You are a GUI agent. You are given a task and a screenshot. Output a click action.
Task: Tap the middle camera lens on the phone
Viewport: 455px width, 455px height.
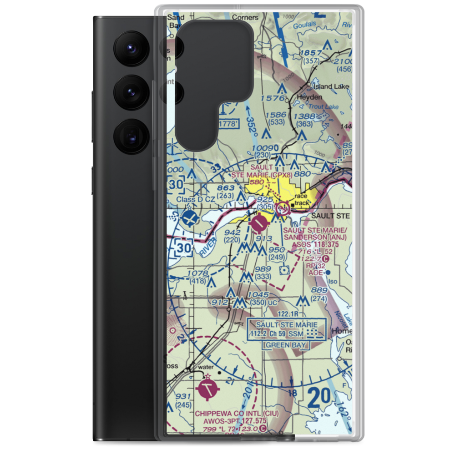coord(130,92)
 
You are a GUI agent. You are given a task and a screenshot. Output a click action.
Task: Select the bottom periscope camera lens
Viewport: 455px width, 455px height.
coord(130,136)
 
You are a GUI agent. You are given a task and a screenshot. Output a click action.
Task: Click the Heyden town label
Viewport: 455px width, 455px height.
coord(309,97)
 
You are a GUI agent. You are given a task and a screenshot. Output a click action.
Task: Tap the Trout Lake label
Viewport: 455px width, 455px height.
coord(324,107)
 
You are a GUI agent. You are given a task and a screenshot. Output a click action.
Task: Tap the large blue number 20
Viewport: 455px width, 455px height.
coord(319,399)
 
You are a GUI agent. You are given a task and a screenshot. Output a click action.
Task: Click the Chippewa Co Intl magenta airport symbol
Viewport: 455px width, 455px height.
coord(208,389)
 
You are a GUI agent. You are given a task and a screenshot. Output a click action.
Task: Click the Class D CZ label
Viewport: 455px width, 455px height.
coord(196,200)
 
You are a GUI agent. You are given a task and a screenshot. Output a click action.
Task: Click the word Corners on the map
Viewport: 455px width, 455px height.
coord(245,18)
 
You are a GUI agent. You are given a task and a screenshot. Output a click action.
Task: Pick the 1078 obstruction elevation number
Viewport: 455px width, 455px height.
coord(197,273)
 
